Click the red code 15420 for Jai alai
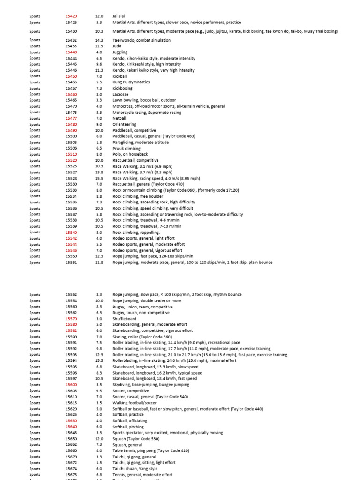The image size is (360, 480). click(71, 16)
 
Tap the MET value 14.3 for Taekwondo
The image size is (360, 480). click(99, 40)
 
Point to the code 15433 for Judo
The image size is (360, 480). click(71, 46)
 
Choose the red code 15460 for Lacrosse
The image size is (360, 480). click(71, 94)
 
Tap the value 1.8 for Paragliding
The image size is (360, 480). click(99, 142)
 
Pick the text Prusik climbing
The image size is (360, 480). click(127, 149)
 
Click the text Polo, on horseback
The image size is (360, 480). click(130, 154)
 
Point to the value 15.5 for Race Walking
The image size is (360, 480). click(99, 179)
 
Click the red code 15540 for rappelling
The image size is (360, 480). click(71, 232)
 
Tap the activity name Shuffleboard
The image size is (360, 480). click(124, 319)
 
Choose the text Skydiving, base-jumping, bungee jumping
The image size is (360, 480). click(151, 385)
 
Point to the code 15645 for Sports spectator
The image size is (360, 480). click(71, 433)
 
